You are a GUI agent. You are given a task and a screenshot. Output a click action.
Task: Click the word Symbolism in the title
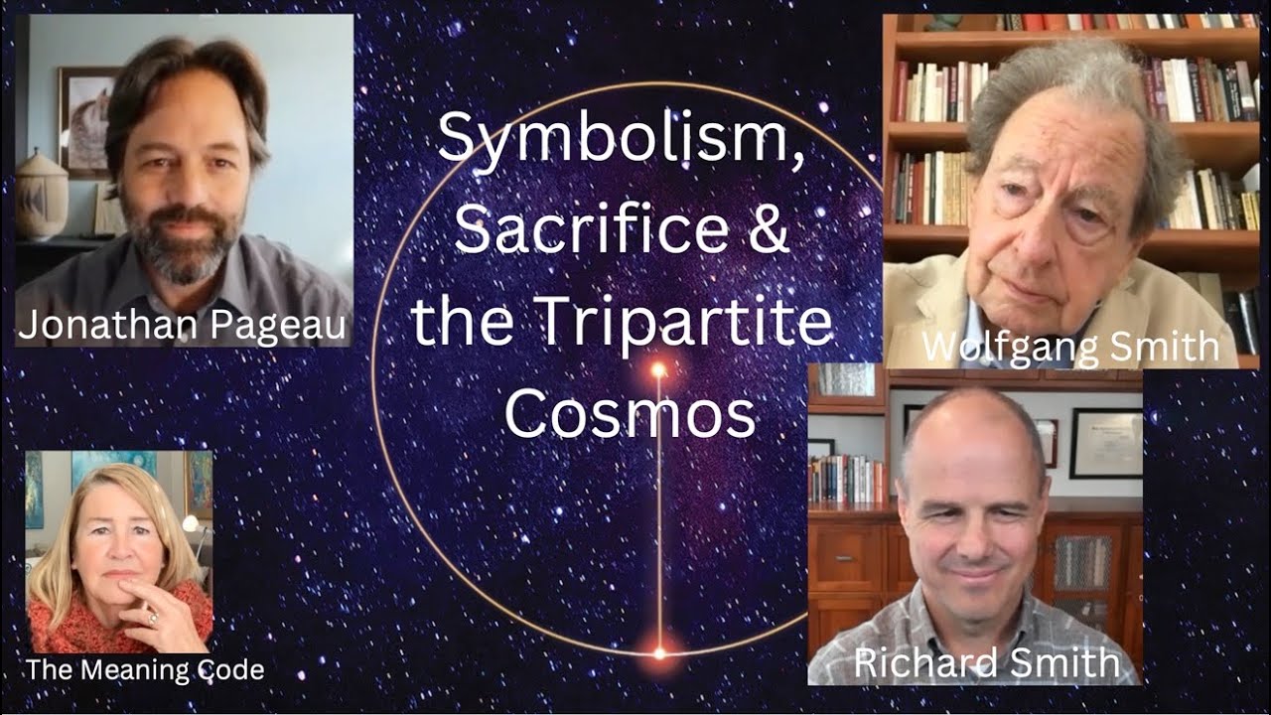(x=621, y=139)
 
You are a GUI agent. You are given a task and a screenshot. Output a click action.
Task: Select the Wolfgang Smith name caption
(x=1069, y=347)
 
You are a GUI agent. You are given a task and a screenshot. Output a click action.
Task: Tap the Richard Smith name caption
(x=986, y=663)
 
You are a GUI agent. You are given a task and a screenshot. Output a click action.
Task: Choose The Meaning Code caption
(x=145, y=669)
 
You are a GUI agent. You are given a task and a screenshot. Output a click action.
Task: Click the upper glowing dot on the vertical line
(x=657, y=370)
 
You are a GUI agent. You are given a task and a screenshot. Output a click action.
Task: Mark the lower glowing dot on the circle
(x=657, y=652)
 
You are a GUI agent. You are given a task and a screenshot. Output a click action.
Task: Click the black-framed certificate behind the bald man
(x=1104, y=442)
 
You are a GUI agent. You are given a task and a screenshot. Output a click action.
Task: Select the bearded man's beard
(x=187, y=243)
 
